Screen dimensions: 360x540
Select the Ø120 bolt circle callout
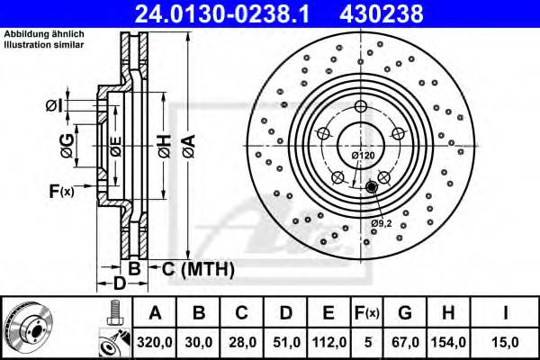pos(363,156)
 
